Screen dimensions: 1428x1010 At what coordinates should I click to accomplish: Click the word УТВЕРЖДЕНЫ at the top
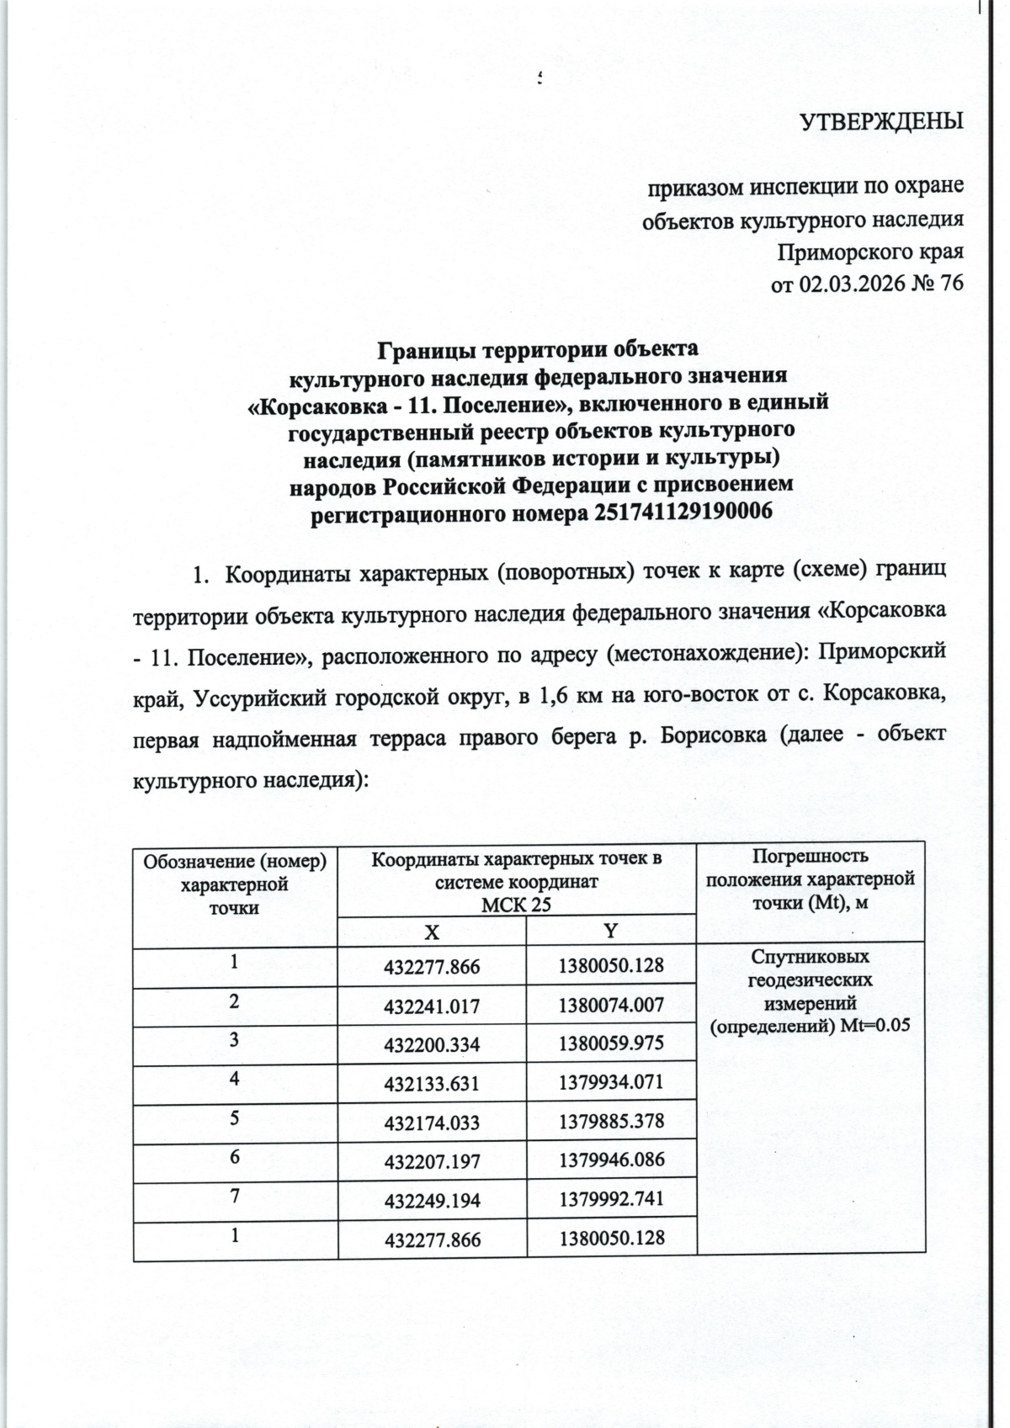click(880, 122)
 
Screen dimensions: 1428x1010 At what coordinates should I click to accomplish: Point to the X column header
click(431, 932)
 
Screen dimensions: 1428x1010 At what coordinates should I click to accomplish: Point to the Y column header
click(611, 930)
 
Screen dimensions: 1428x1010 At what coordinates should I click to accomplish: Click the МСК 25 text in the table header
click(516, 905)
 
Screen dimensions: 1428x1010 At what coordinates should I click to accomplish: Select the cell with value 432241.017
click(432, 1006)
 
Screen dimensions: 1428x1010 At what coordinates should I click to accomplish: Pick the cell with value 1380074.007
click(611, 1004)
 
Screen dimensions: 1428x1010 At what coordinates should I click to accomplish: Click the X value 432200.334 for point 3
click(432, 1045)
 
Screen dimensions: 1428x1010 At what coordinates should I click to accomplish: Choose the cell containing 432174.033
click(432, 1123)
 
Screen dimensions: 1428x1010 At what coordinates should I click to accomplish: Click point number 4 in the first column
click(235, 1078)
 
